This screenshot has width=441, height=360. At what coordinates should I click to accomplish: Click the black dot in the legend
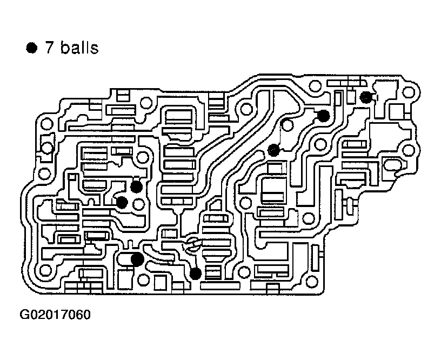pos(32,49)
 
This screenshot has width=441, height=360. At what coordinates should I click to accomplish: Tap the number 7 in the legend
pos(50,48)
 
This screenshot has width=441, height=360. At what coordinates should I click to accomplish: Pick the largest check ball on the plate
pos(137,259)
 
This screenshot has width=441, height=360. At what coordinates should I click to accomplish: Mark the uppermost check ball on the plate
pos(366,97)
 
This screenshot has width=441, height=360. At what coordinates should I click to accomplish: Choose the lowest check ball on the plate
pos(196,274)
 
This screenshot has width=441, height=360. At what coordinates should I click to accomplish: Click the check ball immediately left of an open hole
pos(122,203)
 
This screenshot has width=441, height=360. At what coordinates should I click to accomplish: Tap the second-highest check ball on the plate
pos(323,115)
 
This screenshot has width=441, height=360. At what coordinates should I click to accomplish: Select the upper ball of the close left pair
pos(136,187)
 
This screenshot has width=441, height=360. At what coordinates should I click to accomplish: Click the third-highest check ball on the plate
pos(274,150)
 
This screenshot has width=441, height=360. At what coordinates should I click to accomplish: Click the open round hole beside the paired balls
pos(139,204)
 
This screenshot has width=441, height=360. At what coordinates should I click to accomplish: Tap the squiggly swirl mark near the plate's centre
pos(192,246)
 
